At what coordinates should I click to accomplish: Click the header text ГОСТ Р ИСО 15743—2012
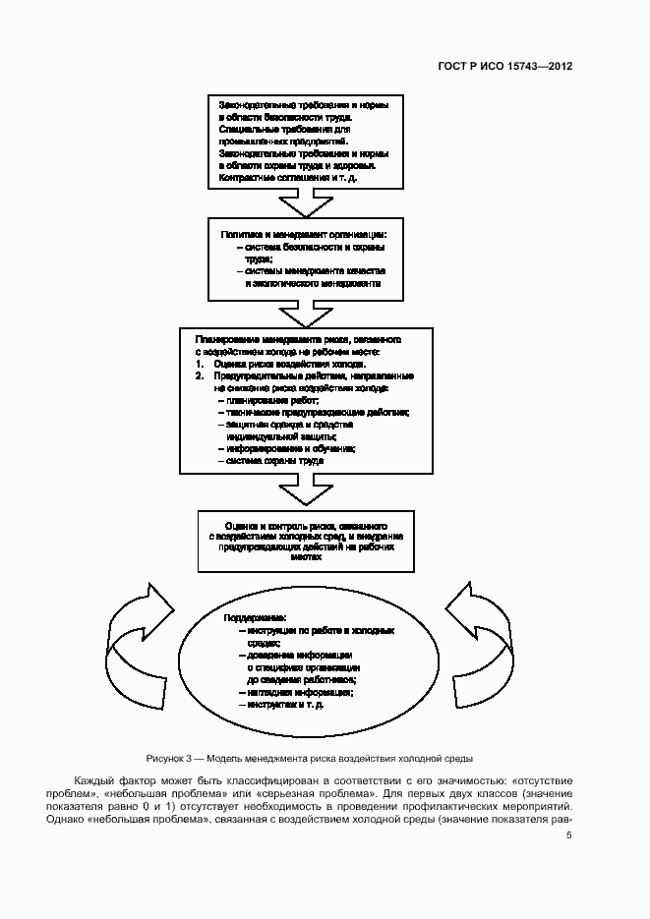505,67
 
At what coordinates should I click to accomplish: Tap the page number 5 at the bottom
568,835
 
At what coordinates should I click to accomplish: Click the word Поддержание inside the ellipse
254,617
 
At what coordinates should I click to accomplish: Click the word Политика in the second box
240,235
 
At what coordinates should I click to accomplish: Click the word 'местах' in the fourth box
306,553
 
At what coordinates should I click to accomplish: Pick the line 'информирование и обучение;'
286,448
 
